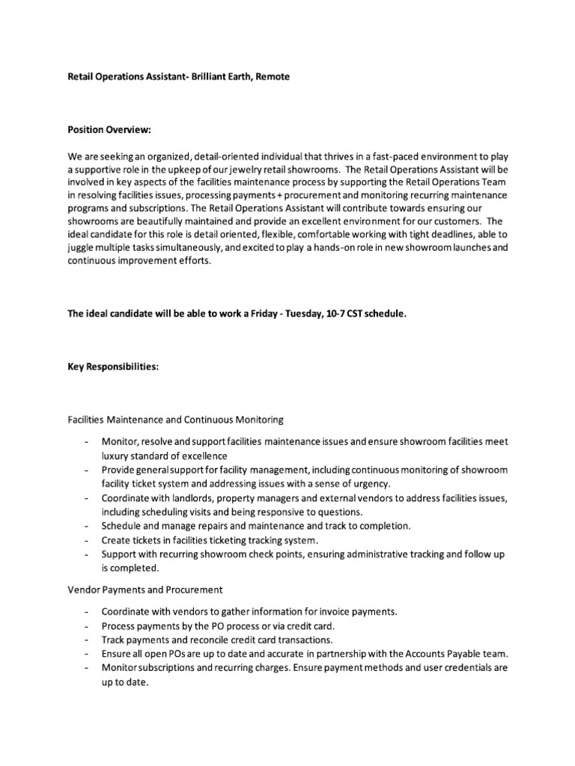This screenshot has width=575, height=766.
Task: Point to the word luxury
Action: (117, 456)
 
